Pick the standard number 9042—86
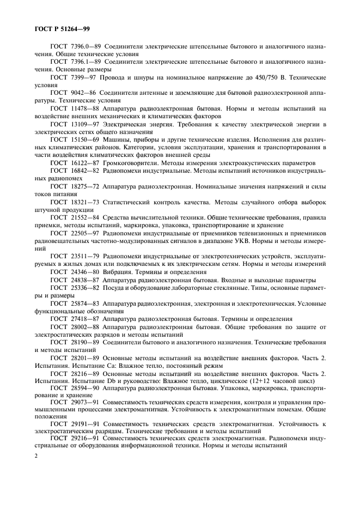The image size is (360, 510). pos(82,94)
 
